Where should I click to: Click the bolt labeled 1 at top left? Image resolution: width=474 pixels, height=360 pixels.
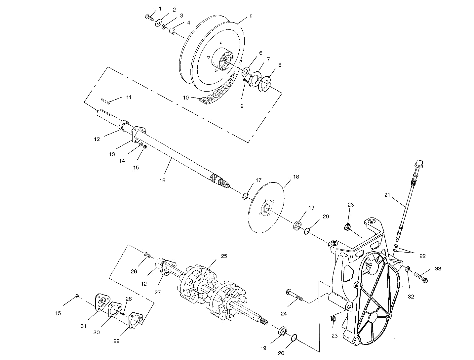(x=149, y=17)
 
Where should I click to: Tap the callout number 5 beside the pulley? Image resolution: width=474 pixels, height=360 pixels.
(x=251, y=16)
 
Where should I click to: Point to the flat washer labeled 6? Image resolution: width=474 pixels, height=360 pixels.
(x=246, y=71)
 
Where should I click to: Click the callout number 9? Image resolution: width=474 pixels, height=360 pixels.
(x=242, y=106)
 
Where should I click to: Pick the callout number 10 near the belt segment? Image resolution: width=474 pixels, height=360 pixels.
(x=186, y=98)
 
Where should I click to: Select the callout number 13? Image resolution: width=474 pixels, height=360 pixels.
(x=112, y=154)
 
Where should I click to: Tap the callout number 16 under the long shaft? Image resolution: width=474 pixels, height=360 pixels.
(x=162, y=180)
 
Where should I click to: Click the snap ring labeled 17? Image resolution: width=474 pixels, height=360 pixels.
(x=244, y=196)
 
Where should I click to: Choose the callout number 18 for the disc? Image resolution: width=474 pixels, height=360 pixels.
(x=296, y=177)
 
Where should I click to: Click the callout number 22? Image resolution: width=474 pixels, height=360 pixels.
(x=422, y=256)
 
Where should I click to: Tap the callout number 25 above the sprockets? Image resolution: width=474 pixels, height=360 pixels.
(x=224, y=256)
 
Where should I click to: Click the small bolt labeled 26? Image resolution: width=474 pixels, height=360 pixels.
(x=147, y=255)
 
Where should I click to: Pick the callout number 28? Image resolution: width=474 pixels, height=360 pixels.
(x=128, y=299)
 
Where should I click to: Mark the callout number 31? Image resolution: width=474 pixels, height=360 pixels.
(x=83, y=326)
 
